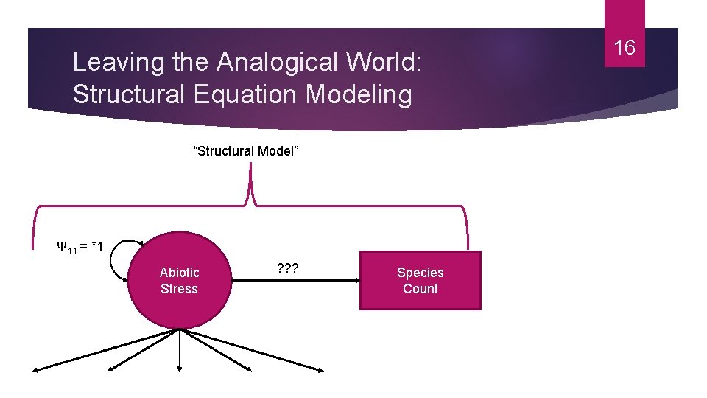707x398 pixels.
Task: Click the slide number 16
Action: coord(625,49)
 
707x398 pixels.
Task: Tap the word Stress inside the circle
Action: coord(179,289)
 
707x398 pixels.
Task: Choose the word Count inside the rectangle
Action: coord(420,289)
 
